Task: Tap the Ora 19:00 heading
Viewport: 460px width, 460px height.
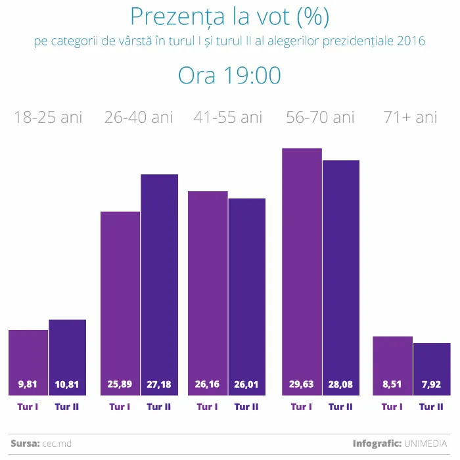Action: click(x=229, y=76)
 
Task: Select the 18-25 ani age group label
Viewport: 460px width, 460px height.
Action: click(x=48, y=118)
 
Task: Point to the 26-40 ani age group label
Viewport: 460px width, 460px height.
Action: click(x=139, y=118)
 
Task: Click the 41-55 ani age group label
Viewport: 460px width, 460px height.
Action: click(x=227, y=118)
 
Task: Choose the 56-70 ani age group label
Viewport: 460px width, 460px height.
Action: click(x=320, y=118)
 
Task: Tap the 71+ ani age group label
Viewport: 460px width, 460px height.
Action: click(x=410, y=118)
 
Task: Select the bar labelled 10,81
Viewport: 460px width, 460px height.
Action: click(x=67, y=358)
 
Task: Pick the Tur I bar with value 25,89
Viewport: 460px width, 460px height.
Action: click(x=120, y=302)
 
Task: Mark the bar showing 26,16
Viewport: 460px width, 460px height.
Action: click(x=208, y=292)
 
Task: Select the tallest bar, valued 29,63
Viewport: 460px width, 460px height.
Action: click(x=302, y=269)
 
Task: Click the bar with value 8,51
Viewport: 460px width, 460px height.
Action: click(x=392, y=365)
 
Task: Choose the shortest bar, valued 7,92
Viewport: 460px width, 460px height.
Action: click(x=432, y=368)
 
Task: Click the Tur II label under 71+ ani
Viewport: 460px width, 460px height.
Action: click(x=431, y=407)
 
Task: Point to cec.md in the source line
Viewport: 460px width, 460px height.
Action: click(x=57, y=444)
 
